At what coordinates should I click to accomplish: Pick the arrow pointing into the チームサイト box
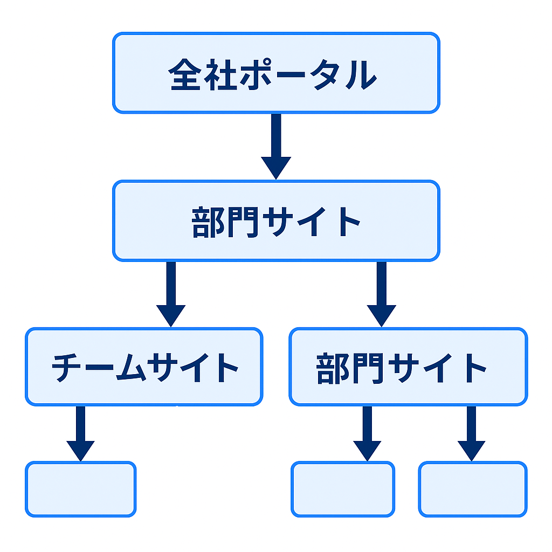(x=171, y=294)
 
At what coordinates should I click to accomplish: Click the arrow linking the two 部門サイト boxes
(x=382, y=294)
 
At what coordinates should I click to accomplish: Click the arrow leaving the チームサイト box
(x=81, y=431)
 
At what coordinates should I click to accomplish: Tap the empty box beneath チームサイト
(x=81, y=489)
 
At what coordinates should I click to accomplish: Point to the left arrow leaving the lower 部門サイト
(x=368, y=431)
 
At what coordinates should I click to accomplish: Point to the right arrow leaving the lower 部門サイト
(x=472, y=431)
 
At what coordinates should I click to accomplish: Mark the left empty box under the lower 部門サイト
(x=343, y=489)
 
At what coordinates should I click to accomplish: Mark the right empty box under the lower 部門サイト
(x=473, y=489)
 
